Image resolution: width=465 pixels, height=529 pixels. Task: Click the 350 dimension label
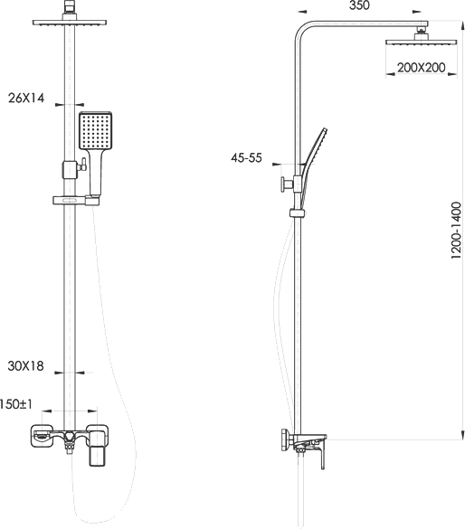coord(359,5)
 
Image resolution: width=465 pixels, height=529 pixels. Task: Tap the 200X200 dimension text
coord(422,68)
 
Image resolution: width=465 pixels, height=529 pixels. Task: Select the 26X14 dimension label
coord(26,99)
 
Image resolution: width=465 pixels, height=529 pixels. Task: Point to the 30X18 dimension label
coord(26,366)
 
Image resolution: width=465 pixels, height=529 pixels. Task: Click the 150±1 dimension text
coord(16,404)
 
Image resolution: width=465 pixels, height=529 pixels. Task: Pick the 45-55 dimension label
coord(246,158)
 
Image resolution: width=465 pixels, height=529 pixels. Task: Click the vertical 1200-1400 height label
coord(456,231)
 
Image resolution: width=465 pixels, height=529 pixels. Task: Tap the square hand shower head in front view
coord(96,130)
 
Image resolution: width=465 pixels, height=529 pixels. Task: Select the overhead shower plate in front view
coord(70,23)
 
